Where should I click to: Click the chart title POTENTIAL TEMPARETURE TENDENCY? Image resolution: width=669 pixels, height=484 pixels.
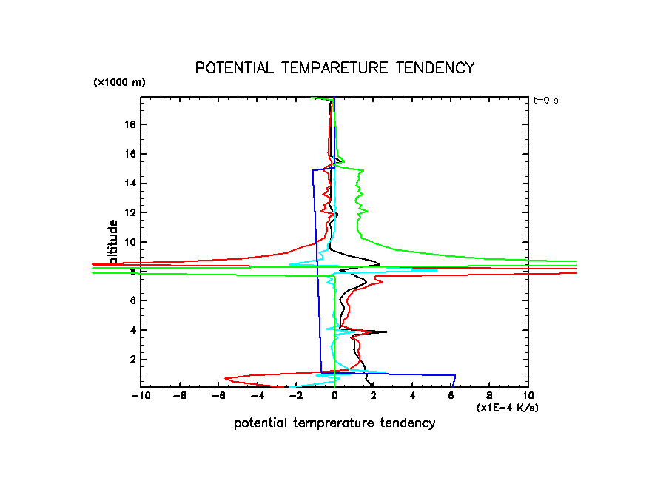click(x=334, y=68)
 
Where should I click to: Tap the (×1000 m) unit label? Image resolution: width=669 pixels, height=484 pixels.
click(x=119, y=83)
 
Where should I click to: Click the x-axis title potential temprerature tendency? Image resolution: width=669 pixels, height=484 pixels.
click(x=334, y=423)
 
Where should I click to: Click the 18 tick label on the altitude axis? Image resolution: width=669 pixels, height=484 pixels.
click(x=130, y=124)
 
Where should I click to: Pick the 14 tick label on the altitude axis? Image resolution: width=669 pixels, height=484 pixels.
click(x=130, y=183)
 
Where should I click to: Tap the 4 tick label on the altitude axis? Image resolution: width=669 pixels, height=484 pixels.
click(x=132, y=329)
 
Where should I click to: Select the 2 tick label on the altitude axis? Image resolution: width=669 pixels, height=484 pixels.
click(x=132, y=359)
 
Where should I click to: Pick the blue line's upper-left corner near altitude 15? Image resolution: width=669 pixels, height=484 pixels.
click(x=312, y=170)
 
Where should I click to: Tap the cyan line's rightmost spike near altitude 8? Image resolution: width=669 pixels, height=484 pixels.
click(x=437, y=271)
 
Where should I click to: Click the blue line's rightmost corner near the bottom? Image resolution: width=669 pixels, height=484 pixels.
click(x=455, y=376)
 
